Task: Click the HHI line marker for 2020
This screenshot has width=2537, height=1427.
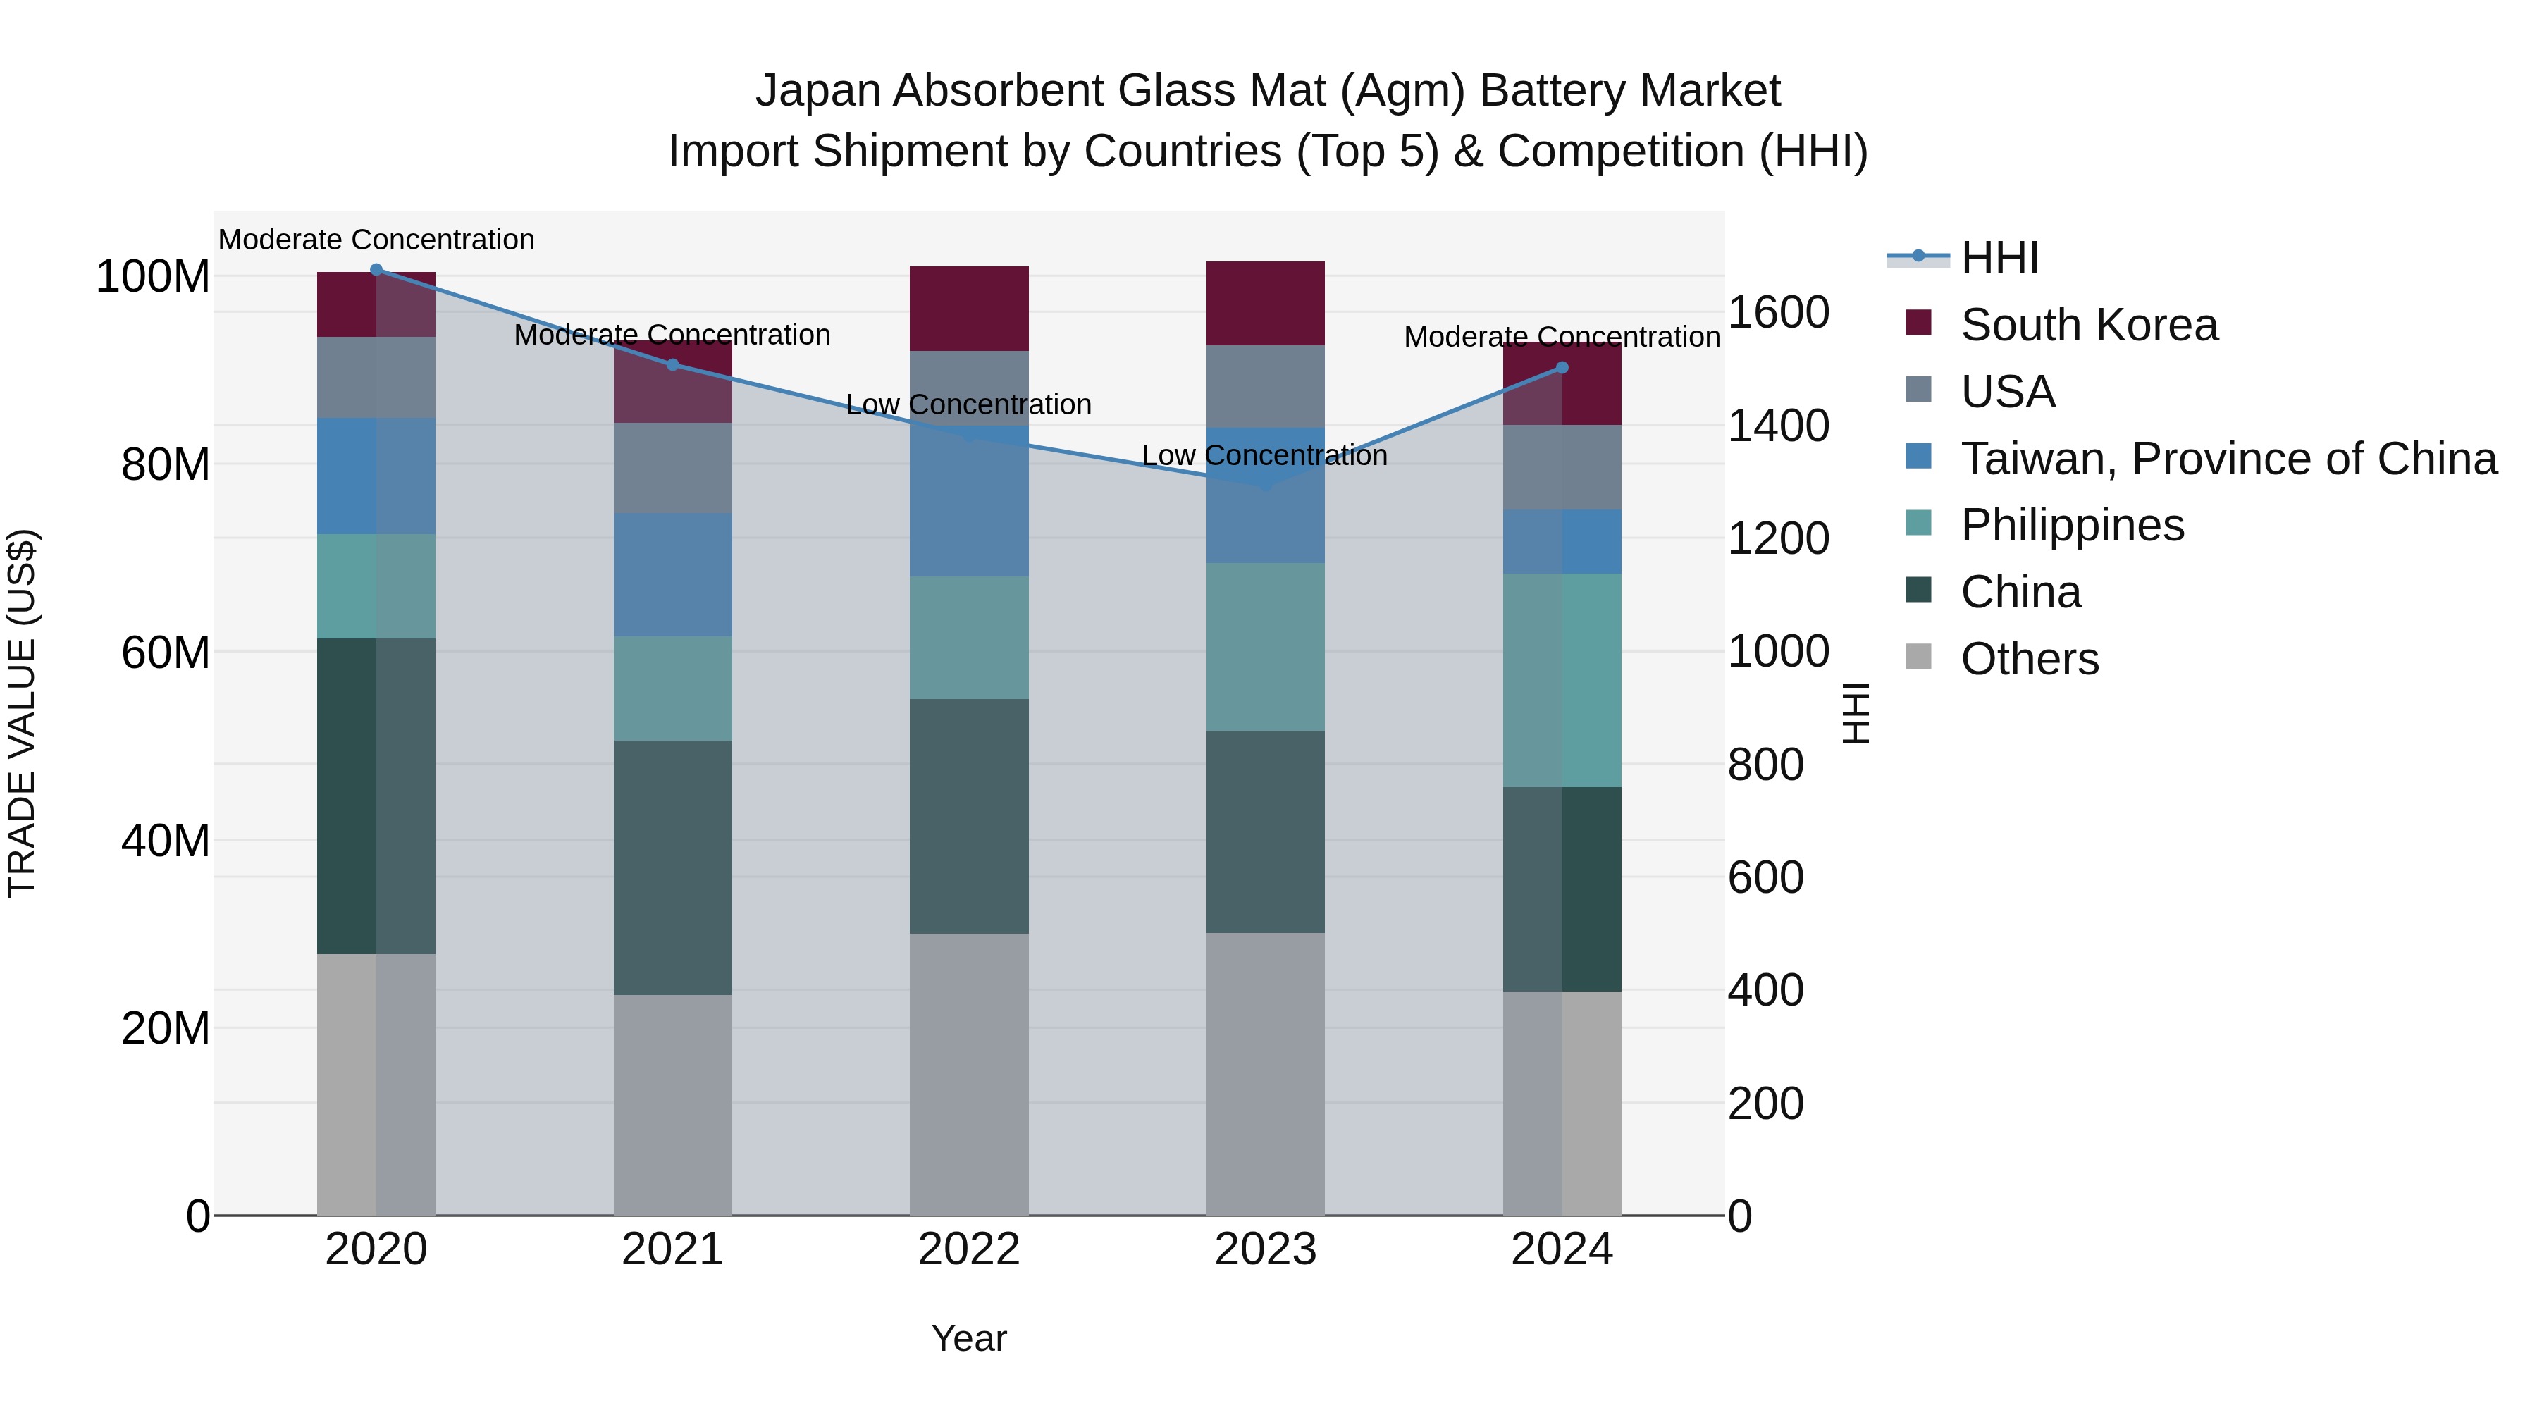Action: [x=376, y=270]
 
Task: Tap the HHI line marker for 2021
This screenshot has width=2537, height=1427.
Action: [x=673, y=365]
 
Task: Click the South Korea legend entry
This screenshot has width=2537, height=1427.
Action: [x=2089, y=325]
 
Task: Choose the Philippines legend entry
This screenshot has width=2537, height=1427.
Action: [x=2072, y=525]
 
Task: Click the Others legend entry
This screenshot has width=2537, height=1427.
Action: [x=2030, y=659]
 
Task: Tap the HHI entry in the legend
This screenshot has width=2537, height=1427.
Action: [x=1999, y=258]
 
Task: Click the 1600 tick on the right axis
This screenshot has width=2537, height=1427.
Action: [x=1779, y=313]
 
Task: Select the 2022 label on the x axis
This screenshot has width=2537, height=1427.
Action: [x=969, y=1249]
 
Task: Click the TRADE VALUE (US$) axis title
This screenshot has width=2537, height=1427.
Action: [x=22, y=713]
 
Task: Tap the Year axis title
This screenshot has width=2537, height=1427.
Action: [x=969, y=1338]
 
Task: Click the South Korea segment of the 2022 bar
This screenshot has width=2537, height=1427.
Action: [x=969, y=308]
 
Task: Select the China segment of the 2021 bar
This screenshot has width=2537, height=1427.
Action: [x=673, y=867]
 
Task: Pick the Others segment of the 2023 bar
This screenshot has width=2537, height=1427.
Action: [x=1266, y=1073]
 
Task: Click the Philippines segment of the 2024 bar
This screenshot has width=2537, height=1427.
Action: [x=1562, y=679]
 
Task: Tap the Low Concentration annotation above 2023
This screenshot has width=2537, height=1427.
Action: [x=1264, y=456]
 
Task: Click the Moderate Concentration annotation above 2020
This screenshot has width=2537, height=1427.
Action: [x=376, y=240]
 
